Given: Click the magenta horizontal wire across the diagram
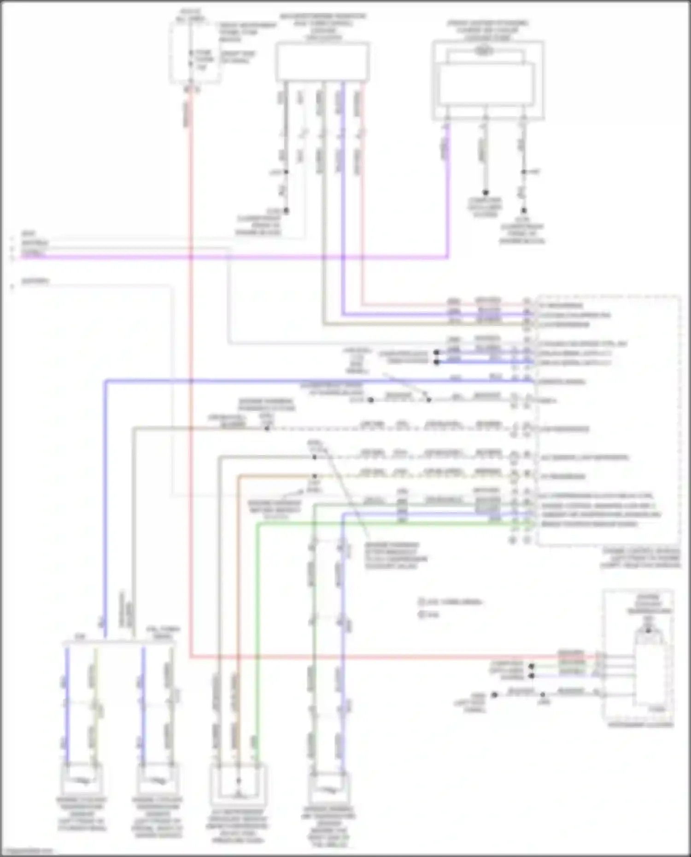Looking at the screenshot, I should (230, 257).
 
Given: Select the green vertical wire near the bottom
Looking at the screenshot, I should (257, 645).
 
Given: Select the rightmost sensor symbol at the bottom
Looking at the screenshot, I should (328, 789).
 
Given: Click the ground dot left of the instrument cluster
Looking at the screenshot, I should (494, 694).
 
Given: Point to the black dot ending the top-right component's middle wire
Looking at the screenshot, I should (485, 192).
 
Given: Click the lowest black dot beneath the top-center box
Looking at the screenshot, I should (286, 211).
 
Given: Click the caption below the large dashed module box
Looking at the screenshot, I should (640, 558).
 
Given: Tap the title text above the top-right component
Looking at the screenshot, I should (487, 30).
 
